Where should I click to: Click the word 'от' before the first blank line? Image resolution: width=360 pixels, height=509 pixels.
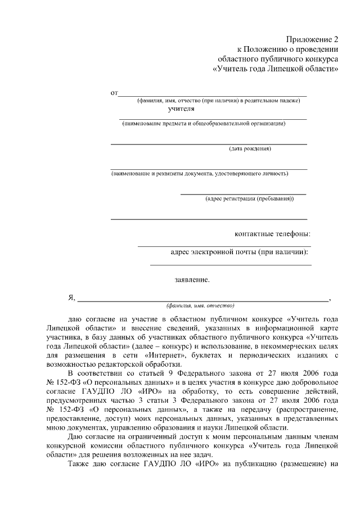[x=114, y=92]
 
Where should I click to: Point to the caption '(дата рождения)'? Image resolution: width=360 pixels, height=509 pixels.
[x=250, y=149]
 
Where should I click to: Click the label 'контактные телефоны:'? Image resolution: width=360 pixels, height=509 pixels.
[x=272, y=234]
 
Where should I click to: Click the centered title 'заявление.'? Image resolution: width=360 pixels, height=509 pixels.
[x=191, y=279]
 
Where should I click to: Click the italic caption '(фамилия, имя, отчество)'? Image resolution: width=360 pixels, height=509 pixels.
[x=200, y=306]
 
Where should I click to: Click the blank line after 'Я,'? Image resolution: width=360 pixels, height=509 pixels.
[x=202, y=300]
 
